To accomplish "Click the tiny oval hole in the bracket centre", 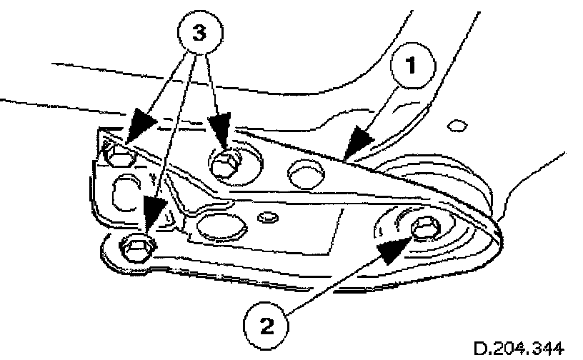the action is click(x=269, y=216).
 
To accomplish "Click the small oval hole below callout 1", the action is click(x=452, y=126).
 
